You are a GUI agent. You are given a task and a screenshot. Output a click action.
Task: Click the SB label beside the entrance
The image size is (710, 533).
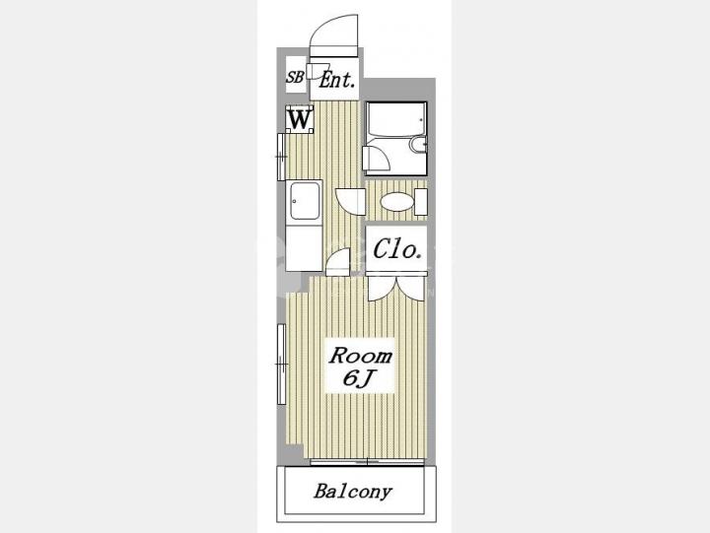295,77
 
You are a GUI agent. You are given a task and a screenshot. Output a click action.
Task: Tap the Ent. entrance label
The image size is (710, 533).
337,81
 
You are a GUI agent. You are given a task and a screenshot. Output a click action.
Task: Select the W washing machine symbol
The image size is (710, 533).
300,119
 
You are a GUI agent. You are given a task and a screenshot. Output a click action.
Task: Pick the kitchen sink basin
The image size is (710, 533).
305,200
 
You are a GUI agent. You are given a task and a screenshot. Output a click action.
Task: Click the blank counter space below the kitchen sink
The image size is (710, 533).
304,247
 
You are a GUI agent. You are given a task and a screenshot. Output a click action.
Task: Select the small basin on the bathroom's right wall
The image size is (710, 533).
418,145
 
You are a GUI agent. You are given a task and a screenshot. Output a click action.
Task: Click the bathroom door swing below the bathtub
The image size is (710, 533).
377,158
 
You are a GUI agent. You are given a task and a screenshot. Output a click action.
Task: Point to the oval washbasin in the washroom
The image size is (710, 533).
397,201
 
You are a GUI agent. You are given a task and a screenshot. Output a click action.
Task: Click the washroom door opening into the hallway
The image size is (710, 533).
350,201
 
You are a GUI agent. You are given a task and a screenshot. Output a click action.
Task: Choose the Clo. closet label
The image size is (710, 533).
397,249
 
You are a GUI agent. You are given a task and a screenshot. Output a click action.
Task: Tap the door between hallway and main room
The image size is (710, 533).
338,262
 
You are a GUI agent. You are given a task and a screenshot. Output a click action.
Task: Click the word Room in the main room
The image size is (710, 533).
361,356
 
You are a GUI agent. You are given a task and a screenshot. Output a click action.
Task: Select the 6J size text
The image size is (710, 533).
358,378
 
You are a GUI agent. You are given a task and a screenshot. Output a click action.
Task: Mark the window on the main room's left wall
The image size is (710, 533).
281,364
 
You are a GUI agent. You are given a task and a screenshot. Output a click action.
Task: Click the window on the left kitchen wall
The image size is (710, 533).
281,157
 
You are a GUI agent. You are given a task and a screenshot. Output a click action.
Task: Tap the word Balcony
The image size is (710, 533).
353,492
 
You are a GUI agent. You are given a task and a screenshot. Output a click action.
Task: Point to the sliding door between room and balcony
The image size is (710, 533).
367,462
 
